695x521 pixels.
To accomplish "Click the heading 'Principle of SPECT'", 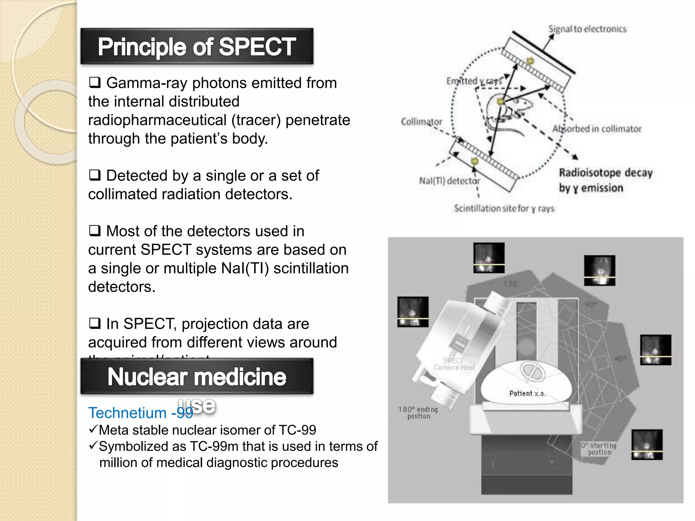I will click(196, 46).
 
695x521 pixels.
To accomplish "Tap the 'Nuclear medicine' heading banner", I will click(196, 377).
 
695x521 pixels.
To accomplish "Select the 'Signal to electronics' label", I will click(587, 29).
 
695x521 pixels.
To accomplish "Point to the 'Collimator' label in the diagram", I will click(421, 122).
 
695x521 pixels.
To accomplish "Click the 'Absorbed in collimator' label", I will click(597, 129).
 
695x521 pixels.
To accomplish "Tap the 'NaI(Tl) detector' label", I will click(449, 181).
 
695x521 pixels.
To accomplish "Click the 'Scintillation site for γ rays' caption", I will click(504, 208).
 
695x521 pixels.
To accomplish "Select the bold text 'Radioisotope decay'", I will click(606, 173).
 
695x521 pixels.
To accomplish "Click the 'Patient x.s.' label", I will click(527, 393).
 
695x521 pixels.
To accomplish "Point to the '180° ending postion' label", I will click(418, 413).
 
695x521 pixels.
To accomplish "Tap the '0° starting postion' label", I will click(599, 449).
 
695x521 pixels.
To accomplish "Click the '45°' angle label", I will click(620, 359).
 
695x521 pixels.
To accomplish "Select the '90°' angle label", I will click(591, 305).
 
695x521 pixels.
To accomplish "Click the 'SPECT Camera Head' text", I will click(454, 364).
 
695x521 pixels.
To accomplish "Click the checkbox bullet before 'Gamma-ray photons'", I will click(95, 82).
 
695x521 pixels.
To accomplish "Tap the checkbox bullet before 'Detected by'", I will click(95, 175).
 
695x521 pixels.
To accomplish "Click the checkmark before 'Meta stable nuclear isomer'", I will click(93, 429).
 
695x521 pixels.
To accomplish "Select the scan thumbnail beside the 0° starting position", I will click(647, 444).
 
